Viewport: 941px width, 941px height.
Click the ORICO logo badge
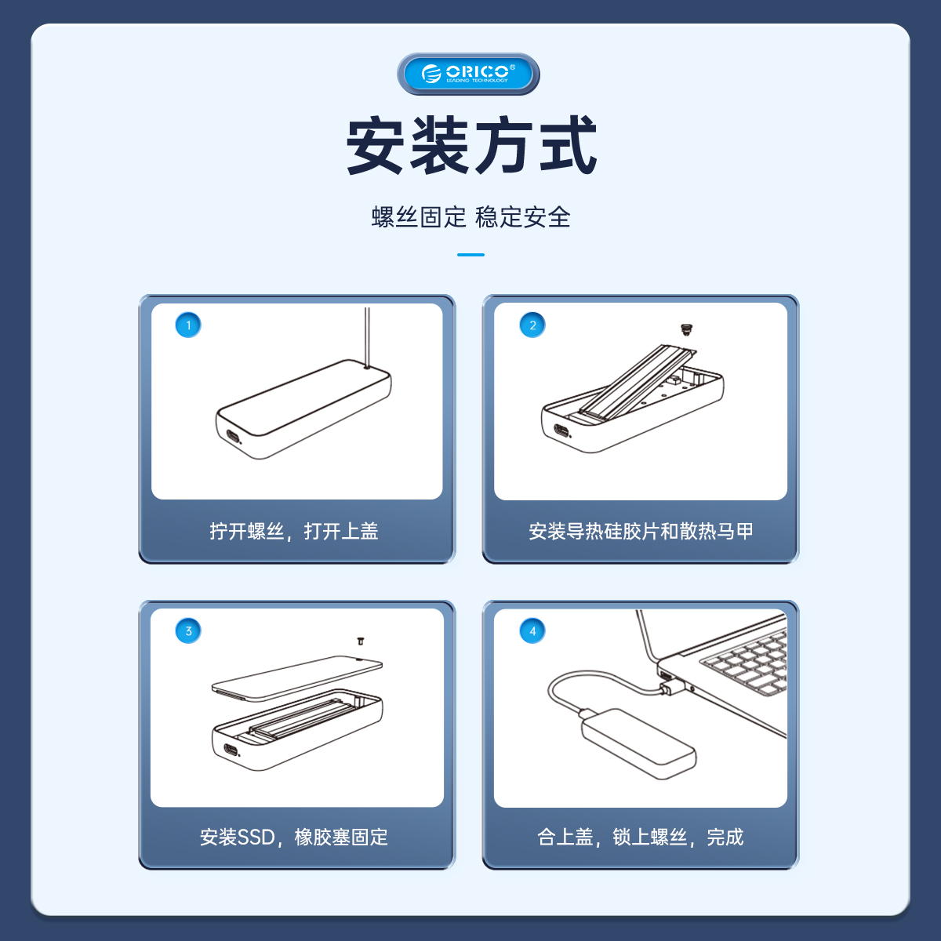click(468, 74)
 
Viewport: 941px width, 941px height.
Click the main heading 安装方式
click(471, 145)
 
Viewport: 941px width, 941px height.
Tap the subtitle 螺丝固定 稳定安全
click(470, 216)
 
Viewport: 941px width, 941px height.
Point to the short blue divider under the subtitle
click(470, 254)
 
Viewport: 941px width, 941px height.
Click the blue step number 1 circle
click(188, 325)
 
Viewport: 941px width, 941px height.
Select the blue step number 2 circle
click(532, 325)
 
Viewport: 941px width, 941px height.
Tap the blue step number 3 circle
click(188, 631)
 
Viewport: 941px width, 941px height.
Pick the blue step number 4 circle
click(532, 631)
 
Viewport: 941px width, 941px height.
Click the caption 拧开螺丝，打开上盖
click(294, 532)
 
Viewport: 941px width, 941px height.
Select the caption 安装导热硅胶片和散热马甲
click(641, 532)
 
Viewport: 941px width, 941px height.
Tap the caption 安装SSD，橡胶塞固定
click(294, 837)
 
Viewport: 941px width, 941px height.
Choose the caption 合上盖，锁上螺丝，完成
click(641, 837)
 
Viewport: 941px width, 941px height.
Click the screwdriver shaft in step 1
click(367, 337)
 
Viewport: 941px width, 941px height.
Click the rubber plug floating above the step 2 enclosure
click(687, 329)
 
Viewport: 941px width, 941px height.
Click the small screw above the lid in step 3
click(361, 641)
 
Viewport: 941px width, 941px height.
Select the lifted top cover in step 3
click(297, 678)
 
